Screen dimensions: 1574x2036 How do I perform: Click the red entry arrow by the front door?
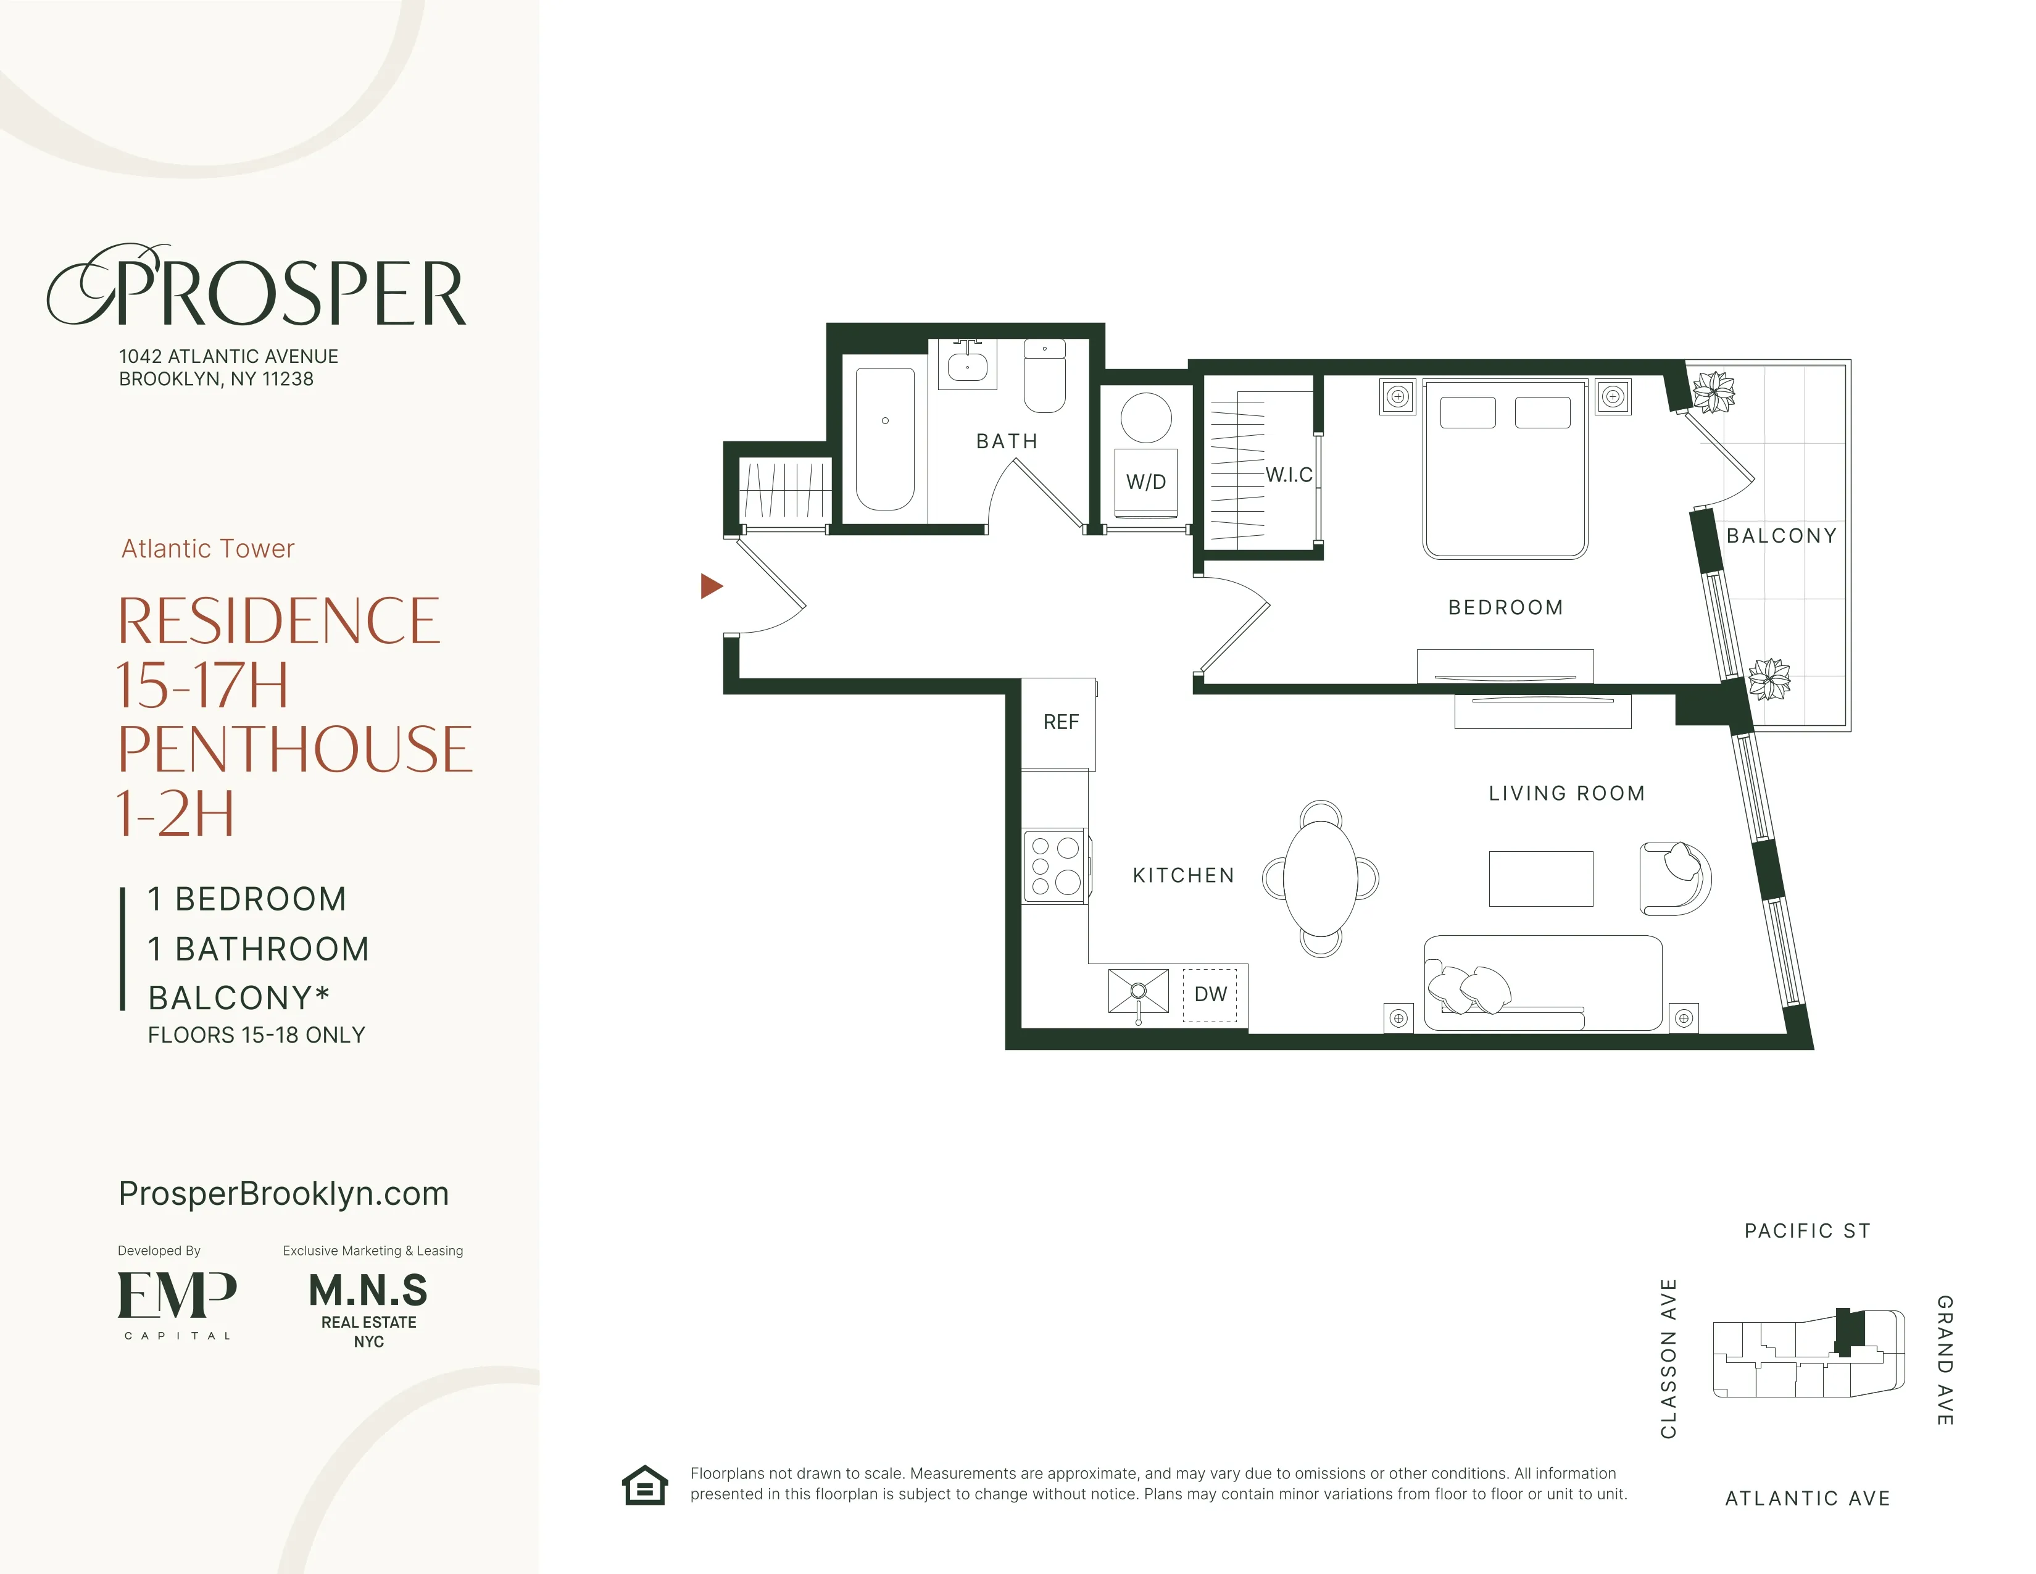[x=710, y=586]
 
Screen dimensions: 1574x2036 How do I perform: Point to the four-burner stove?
[x=1054, y=865]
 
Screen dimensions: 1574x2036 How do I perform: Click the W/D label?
[x=1145, y=481]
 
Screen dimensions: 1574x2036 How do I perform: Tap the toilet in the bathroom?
[x=1044, y=378]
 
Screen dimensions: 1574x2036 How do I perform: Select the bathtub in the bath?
[x=884, y=438]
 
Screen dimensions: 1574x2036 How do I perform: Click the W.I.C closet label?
[x=1289, y=475]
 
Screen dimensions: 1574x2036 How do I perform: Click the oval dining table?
[x=1320, y=878]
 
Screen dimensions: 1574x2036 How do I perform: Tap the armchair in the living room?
[x=1674, y=878]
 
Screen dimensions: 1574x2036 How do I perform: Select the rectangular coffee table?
[x=1540, y=878]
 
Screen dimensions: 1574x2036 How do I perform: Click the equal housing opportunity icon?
[x=645, y=1484]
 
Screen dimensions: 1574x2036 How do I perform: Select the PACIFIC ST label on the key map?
[x=1806, y=1231]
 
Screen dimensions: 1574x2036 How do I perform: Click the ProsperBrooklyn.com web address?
[x=283, y=1194]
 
